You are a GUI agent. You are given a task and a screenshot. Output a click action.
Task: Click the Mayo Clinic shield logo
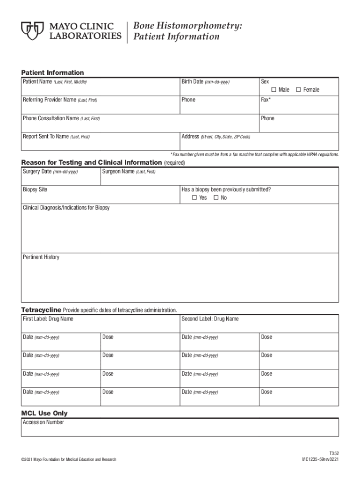[32, 30]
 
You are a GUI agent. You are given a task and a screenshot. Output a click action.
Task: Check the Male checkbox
[274, 90]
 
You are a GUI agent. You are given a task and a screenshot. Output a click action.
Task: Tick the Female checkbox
[298, 90]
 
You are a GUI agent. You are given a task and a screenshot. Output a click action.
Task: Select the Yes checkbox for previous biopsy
[194, 198]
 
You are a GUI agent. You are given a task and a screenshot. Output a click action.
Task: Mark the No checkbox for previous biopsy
[216, 198]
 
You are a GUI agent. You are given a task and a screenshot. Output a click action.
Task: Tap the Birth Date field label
[205, 82]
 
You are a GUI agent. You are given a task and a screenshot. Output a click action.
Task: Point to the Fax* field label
[266, 100]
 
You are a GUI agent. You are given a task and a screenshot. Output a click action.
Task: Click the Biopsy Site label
[35, 189]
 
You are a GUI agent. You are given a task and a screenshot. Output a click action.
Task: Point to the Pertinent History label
[41, 257]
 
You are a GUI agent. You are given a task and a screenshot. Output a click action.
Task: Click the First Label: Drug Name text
[48, 319]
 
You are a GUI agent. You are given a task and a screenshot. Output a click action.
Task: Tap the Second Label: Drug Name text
[210, 319]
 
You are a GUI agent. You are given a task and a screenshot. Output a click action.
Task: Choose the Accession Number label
[43, 422]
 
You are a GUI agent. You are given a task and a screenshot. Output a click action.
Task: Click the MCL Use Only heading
[44, 414]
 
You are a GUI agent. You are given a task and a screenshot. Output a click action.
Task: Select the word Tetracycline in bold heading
[41, 310]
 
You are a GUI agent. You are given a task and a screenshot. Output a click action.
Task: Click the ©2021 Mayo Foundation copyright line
[69, 460]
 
